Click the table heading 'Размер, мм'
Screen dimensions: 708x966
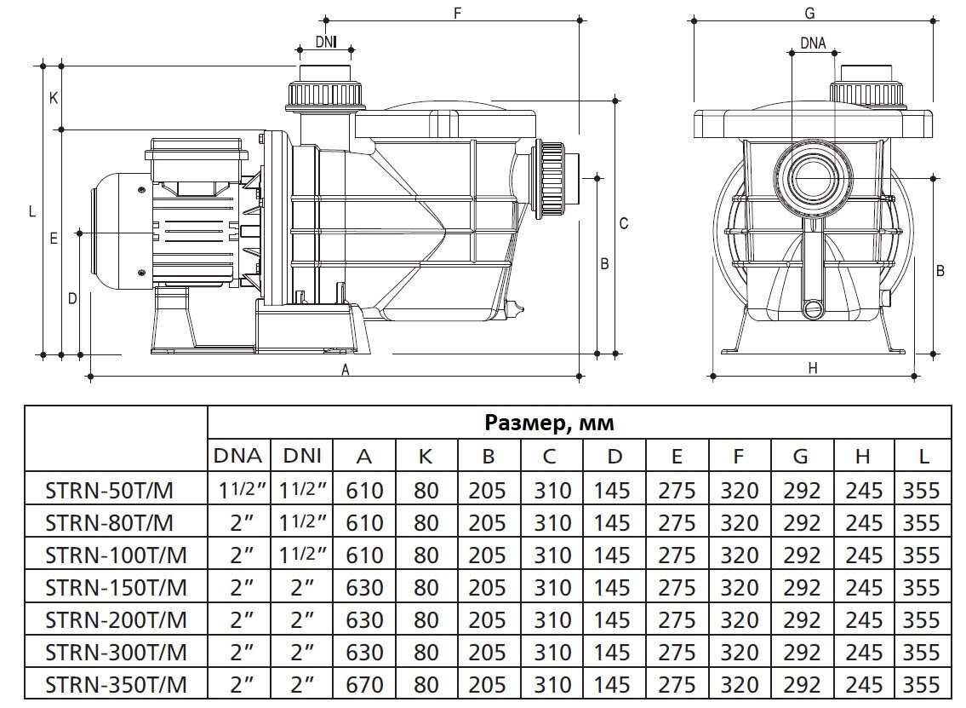549,423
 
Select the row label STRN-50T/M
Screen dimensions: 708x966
115,490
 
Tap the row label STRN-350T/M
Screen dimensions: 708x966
115,684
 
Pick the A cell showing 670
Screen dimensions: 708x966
363,684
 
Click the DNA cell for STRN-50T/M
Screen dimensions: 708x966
239,490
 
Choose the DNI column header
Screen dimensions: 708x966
302,457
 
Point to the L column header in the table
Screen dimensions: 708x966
923,457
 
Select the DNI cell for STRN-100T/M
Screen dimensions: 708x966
302,555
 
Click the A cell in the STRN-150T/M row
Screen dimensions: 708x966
363,587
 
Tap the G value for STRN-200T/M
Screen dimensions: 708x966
800,619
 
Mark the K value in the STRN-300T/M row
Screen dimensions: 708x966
426,652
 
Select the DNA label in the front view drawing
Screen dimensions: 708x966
813,43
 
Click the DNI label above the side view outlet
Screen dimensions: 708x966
325,41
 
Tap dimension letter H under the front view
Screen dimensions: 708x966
813,368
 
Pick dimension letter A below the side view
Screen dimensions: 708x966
346,369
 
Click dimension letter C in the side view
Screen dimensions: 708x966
623,223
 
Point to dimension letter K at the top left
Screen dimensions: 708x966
53,97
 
